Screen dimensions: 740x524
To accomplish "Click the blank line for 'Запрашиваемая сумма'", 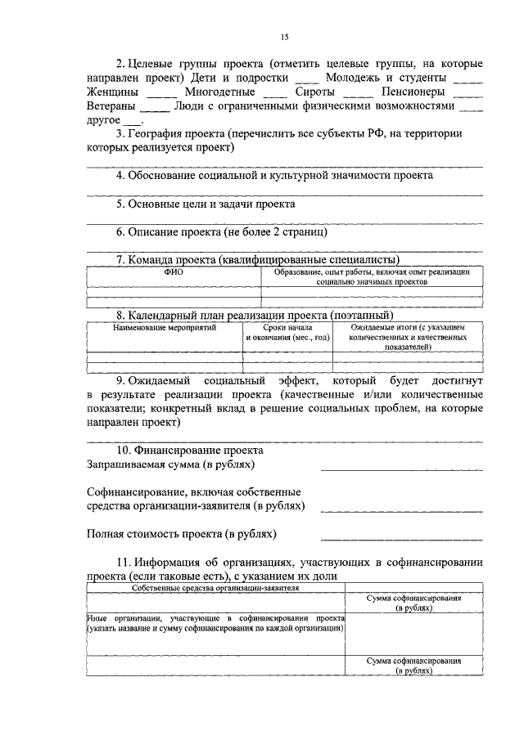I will [401, 469].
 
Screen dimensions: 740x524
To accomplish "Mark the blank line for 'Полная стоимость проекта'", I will [401, 539].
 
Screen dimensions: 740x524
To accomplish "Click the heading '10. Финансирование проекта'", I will [189, 451].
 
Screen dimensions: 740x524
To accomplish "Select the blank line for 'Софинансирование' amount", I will [401, 510].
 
